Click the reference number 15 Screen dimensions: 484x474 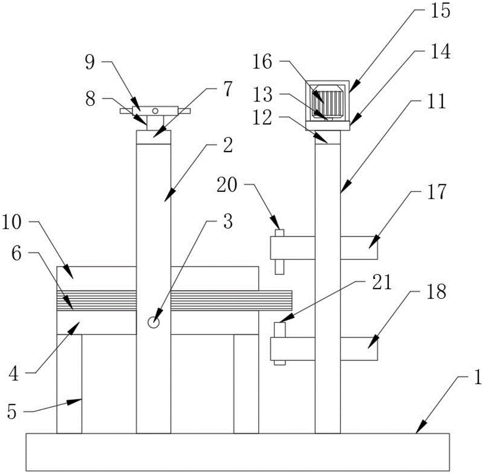440,12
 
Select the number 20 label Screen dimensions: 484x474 227,185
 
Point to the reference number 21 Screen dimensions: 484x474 382,282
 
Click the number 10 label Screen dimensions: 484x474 12,222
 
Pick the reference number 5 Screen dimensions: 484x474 12,412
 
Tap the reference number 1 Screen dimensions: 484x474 477,377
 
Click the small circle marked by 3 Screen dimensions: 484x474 153,322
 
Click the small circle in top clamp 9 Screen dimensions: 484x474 155,110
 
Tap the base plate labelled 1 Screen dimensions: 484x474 238,452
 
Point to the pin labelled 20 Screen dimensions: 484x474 279,252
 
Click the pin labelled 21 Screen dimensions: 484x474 280,343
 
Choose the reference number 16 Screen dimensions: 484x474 262,62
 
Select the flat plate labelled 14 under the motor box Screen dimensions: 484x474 328,126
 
